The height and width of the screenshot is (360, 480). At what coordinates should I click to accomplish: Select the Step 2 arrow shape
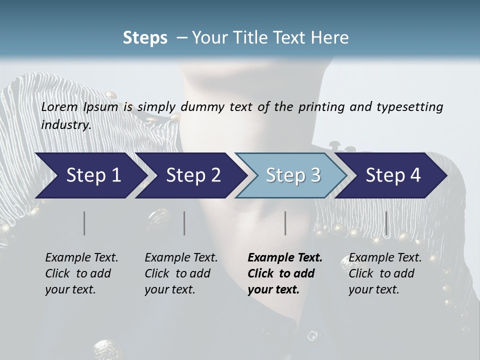[192, 175]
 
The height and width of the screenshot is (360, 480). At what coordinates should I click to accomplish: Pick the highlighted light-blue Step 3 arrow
[292, 175]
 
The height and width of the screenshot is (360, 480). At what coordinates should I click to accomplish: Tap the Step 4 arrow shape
[392, 175]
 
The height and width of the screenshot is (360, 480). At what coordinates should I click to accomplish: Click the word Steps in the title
[145, 37]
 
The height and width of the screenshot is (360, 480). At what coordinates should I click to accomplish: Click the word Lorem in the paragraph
[58, 107]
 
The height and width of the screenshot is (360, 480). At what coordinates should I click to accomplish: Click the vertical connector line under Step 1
[84, 223]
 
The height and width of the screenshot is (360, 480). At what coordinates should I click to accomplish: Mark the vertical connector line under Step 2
[184, 223]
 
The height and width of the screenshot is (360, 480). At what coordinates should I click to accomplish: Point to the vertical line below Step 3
[285, 223]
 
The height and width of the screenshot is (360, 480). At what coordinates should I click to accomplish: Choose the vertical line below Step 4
[386, 223]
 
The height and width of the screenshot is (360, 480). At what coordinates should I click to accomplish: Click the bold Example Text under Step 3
[285, 258]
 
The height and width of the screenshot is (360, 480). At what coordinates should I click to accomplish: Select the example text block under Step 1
[81, 273]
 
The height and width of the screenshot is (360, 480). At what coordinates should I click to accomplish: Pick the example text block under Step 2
[181, 273]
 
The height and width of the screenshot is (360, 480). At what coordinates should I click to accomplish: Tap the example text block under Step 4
[385, 273]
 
